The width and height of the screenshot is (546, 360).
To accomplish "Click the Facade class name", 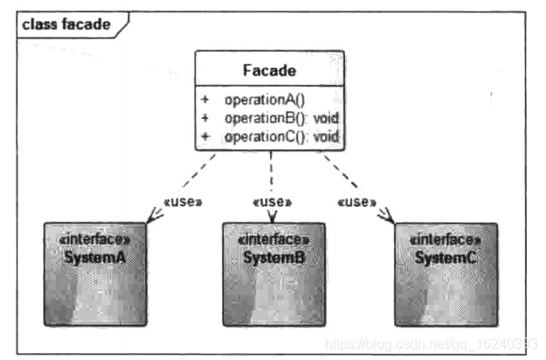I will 269,69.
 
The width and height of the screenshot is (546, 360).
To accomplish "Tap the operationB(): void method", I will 280,118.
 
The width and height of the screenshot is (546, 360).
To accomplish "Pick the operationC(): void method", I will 280,136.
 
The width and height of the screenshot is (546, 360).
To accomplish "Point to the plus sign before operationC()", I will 205,136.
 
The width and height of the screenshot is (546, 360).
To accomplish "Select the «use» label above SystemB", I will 272,202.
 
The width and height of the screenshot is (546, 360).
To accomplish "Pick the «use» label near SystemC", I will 356,202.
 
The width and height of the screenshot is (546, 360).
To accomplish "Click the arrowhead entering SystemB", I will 273,218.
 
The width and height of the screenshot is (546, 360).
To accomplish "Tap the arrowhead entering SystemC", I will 386,218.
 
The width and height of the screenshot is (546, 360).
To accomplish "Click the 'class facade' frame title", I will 66,24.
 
